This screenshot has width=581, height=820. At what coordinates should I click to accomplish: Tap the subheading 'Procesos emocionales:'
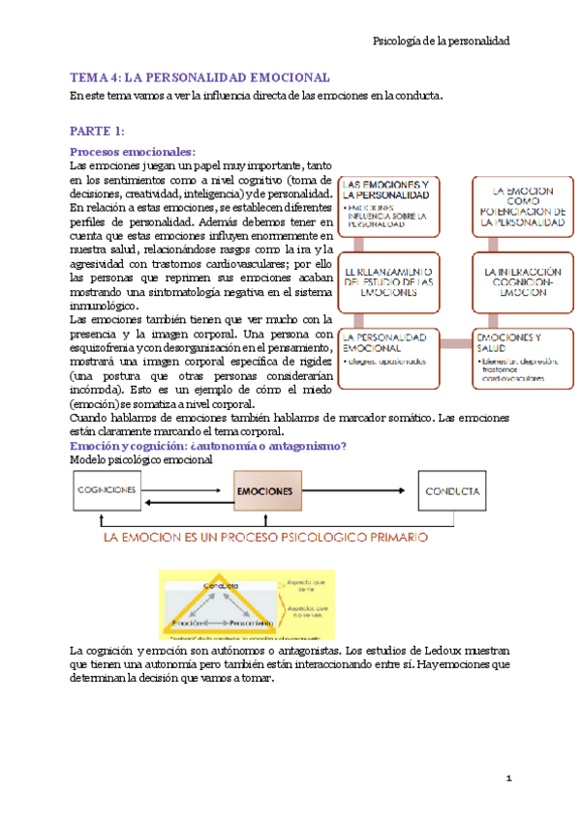pos(133,151)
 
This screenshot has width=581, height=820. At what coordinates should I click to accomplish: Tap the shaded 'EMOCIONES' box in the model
pos(265,491)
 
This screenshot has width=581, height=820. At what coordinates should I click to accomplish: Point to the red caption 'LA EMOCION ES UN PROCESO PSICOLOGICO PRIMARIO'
pos(265,537)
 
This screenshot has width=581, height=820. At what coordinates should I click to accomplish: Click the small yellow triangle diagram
pos(222,604)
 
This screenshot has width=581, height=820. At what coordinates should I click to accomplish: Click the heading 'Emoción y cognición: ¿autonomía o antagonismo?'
pos(208,446)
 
